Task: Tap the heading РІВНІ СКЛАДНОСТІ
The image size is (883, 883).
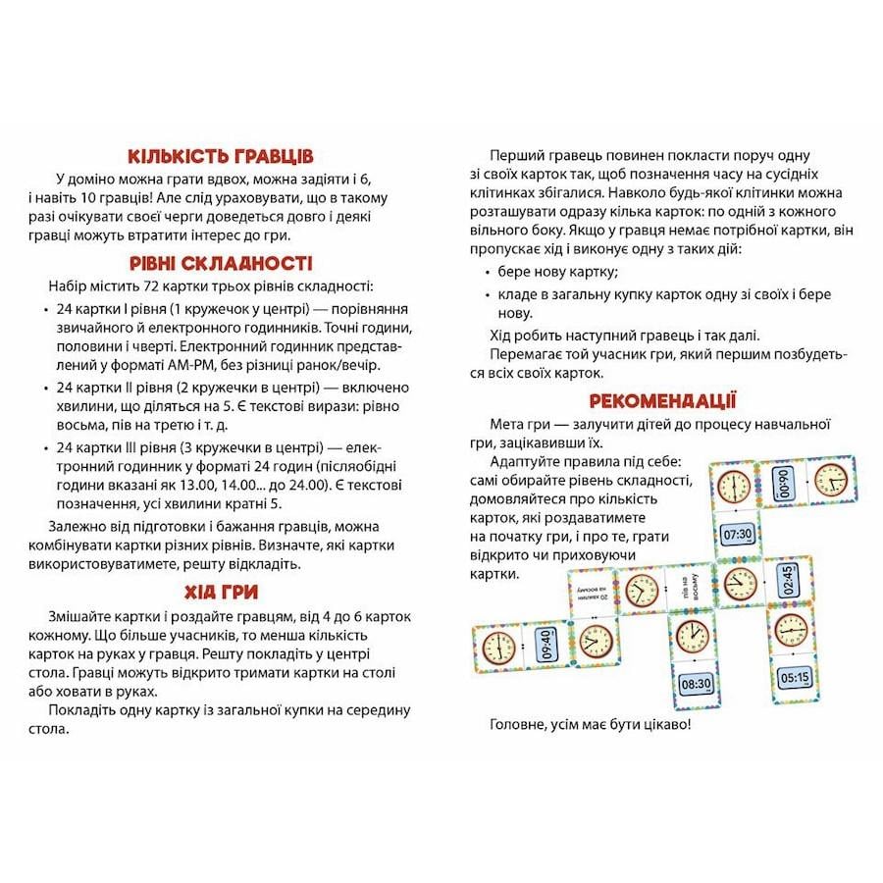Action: [221, 263]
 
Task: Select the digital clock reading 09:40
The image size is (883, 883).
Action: [545, 648]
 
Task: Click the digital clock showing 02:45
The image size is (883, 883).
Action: [786, 580]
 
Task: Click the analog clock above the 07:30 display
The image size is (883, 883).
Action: [733, 487]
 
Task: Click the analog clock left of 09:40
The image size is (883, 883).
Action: [497, 648]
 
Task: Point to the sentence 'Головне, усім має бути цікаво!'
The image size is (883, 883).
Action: [589, 726]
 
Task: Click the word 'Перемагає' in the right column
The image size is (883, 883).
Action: [522, 353]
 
